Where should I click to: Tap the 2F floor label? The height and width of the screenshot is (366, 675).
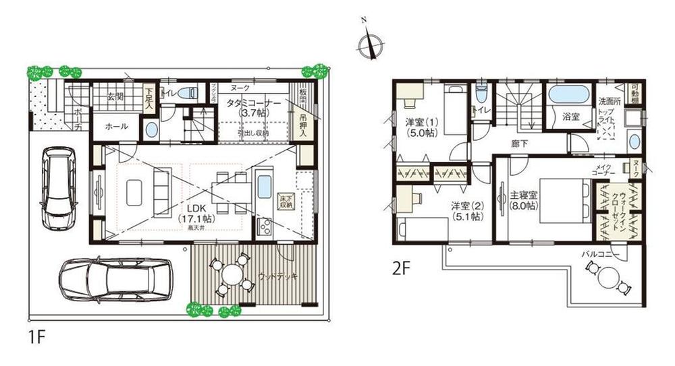tap(402, 268)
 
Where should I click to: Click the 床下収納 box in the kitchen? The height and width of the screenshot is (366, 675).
tap(286, 200)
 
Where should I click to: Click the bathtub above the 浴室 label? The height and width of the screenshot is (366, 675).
tap(568, 94)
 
